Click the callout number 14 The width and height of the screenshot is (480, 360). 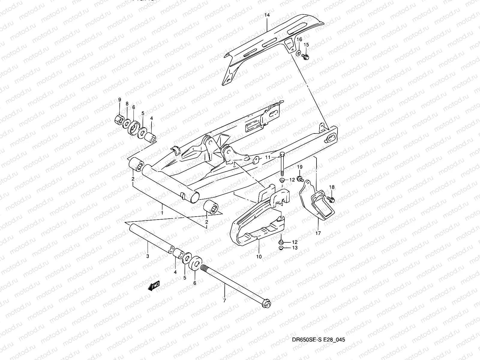tap(267, 15)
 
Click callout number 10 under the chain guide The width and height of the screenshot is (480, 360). tap(259, 256)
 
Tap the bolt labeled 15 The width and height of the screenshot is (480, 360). tap(305, 56)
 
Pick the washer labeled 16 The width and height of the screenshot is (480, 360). tap(298, 53)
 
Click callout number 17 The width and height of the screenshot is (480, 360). tap(318, 233)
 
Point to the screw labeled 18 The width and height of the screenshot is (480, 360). tap(331, 198)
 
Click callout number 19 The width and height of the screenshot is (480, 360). tap(300, 167)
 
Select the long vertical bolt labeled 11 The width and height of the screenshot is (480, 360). tap(282, 165)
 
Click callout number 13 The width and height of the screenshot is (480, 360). tap(295, 248)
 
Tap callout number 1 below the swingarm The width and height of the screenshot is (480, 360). tap(162, 213)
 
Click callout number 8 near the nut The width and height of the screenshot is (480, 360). tap(127, 104)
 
